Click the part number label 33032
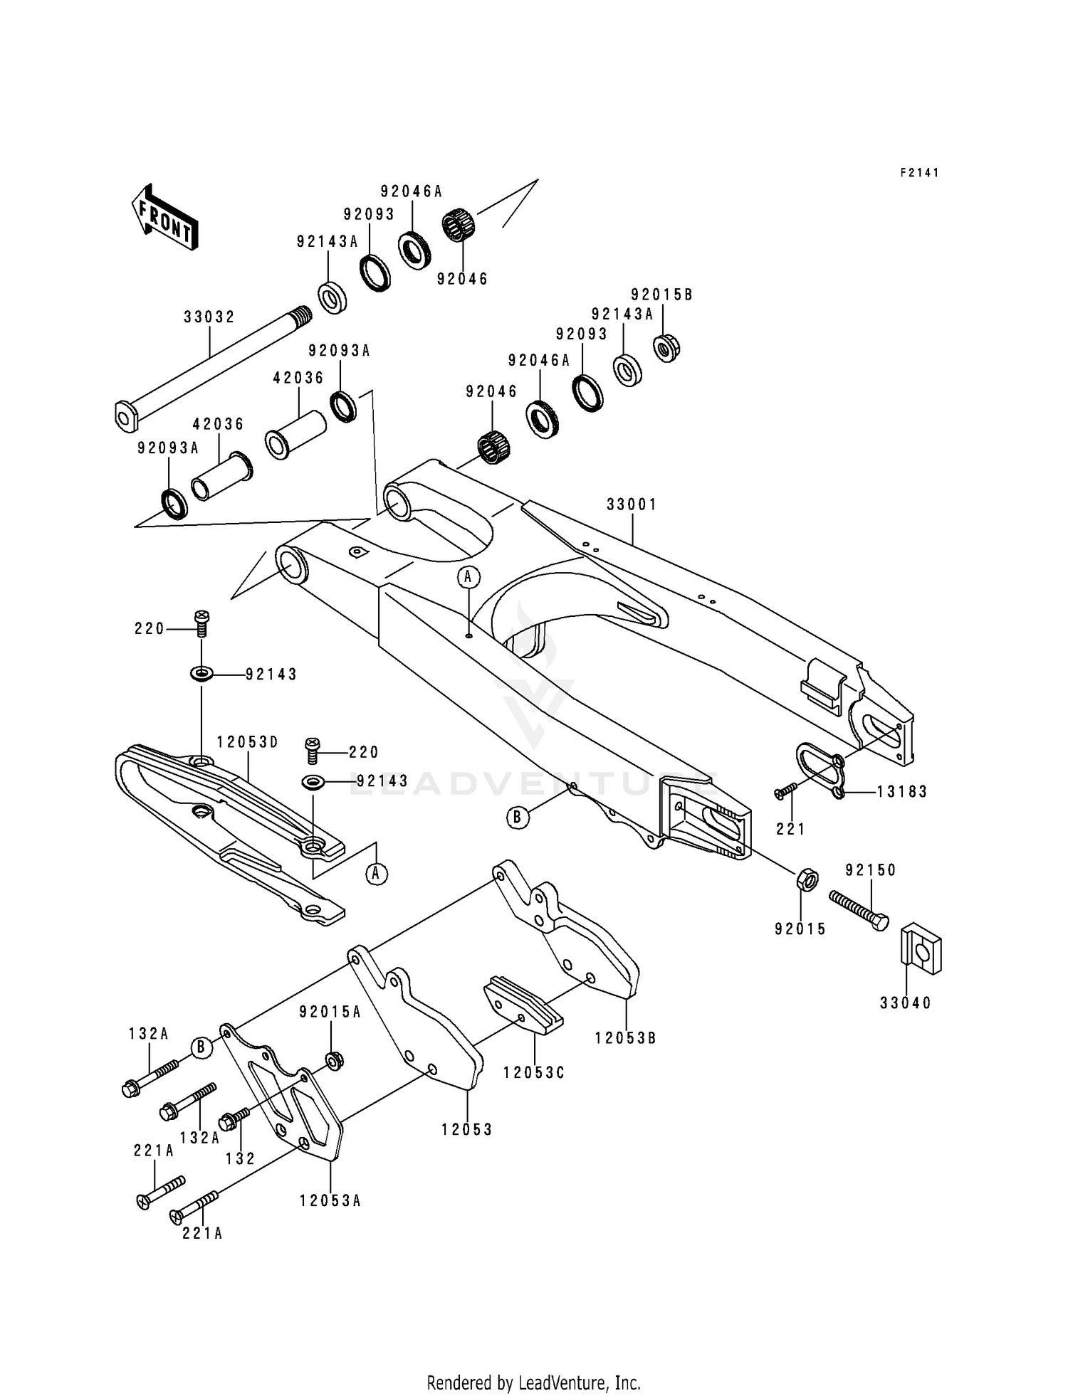click(x=209, y=317)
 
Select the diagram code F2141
click(x=919, y=173)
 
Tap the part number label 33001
click(x=632, y=504)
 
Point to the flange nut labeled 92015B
click(x=666, y=348)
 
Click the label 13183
click(x=901, y=792)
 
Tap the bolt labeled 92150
click(x=859, y=910)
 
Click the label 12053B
click(x=625, y=1038)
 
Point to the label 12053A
click(x=330, y=1201)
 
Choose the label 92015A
click(x=330, y=1012)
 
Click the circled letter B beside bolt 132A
click(x=201, y=1047)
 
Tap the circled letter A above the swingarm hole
click(x=468, y=577)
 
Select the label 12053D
click(x=247, y=742)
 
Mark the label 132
click(x=240, y=1158)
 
